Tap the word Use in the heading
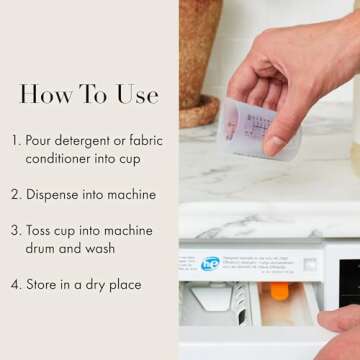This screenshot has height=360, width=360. [x=135, y=95]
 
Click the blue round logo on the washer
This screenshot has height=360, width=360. [x=210, y=265]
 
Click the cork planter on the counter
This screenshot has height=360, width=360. [x=201, y=60]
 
